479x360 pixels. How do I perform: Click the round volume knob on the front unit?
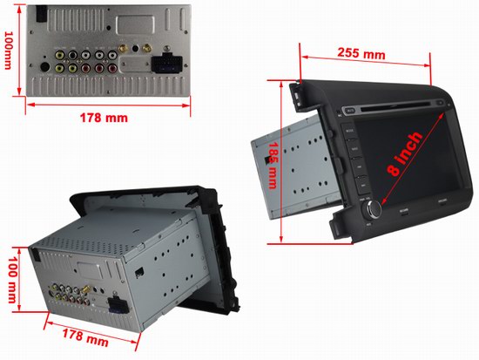pos(375,209)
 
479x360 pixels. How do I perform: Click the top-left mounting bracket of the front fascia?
pos(297,86)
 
